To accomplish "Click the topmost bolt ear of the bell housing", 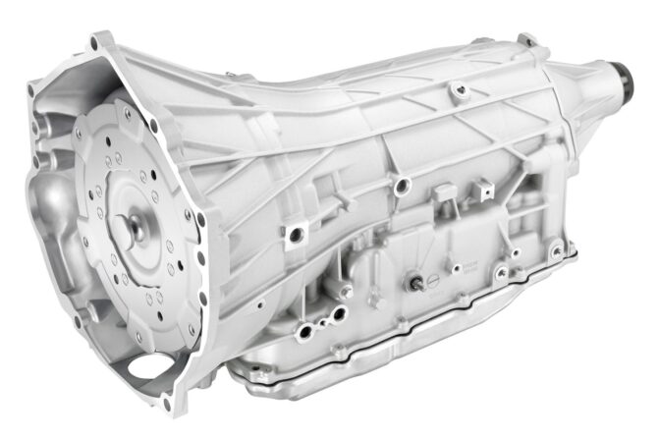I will coord(97,41).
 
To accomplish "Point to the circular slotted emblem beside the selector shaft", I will coord(449,263).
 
